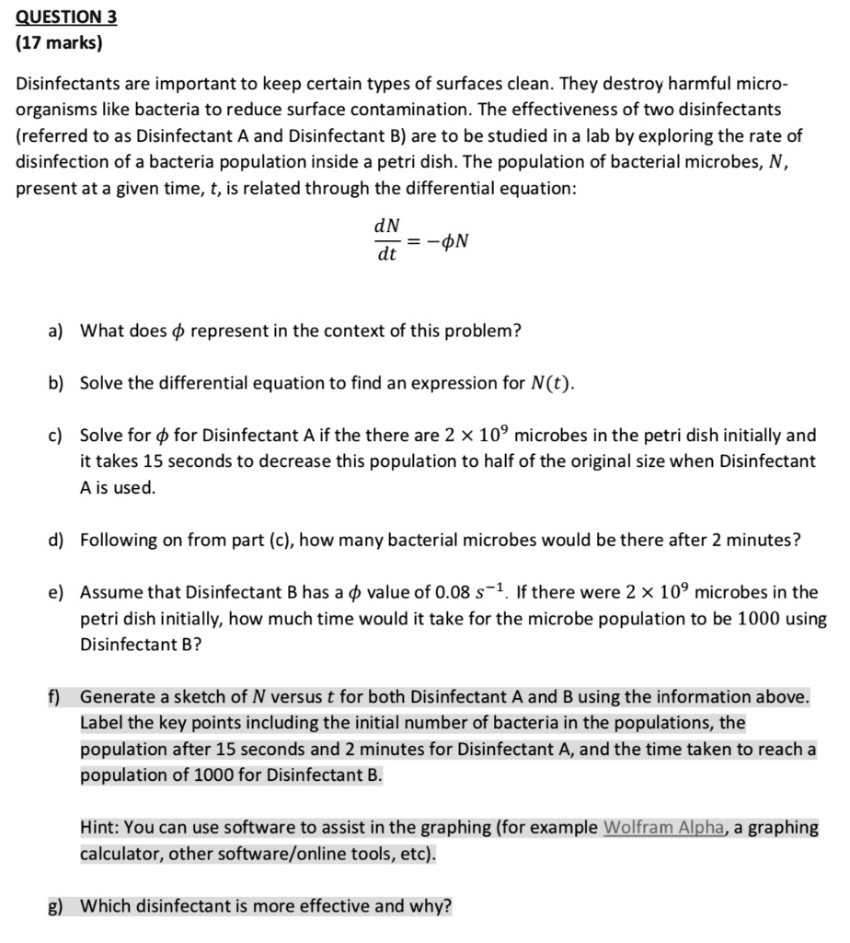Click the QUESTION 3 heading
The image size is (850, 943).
(x=67, y=17)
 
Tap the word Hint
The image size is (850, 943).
(x=98, y=827)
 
